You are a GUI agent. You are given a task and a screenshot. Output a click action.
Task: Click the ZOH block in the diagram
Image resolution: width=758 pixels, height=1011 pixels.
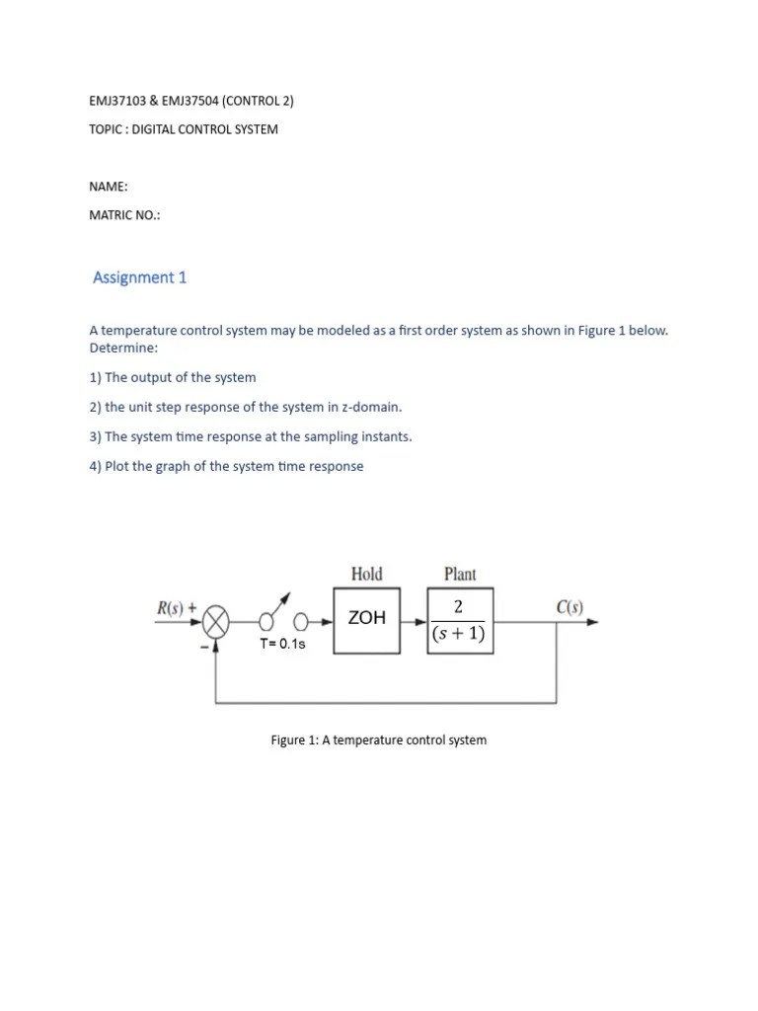[366, 620]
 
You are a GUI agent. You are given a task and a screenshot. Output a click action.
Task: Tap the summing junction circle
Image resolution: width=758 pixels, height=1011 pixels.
[216, 622]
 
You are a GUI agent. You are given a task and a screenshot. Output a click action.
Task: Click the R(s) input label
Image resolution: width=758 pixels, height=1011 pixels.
[176, 608]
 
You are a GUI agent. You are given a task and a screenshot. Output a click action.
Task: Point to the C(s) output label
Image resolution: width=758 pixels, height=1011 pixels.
[569, 607]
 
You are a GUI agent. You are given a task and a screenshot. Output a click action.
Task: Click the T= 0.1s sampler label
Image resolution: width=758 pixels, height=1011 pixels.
[282, 644]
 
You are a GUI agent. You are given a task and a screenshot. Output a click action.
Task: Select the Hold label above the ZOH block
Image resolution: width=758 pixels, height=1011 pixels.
[366, 574]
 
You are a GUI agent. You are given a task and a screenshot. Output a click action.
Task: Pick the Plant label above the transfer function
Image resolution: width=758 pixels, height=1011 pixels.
[460, 574]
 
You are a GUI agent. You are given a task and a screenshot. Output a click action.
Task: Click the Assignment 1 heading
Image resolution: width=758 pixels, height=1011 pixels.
[139, 277]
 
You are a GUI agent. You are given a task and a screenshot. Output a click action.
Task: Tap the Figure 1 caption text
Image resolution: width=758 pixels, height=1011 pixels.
[379, 739]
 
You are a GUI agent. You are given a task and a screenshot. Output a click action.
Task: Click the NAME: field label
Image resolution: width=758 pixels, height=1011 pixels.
[109, 187]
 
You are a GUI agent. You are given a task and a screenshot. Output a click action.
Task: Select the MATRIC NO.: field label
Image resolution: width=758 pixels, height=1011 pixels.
[124, 216]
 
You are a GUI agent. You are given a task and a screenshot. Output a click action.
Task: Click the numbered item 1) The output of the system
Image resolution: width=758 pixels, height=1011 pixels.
[173, 377]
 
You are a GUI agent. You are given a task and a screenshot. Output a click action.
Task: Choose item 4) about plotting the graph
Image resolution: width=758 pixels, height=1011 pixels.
[226, 466]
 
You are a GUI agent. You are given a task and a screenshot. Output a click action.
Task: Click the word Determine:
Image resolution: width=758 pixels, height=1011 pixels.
[123, 348]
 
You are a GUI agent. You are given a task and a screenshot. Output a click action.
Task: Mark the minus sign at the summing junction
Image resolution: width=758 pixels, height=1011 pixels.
[203, 646]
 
